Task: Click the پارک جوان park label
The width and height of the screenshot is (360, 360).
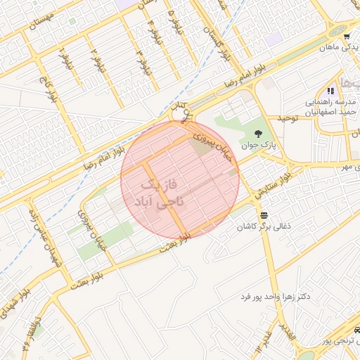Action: pos(255,146)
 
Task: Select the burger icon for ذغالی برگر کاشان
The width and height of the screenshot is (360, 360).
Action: pos(264,214)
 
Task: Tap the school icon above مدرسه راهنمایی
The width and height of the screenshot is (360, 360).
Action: pos(329,91)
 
